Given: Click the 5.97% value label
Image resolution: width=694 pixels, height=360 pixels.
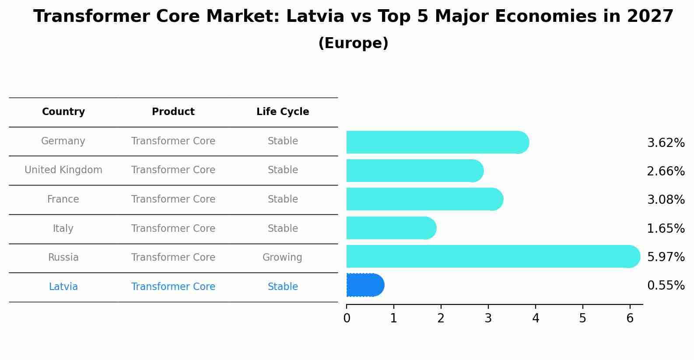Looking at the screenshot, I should (x=666, y=257).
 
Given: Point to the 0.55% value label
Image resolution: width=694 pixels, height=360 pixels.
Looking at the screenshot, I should (x=666, y=286).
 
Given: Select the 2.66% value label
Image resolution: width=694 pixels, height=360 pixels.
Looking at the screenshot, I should (x=666, y=171).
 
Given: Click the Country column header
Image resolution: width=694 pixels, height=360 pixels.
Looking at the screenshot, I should (x=63, y=112).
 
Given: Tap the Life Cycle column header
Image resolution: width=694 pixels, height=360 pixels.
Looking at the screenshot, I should (x=283, y=112).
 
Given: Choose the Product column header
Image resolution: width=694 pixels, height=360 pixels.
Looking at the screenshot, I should (x=173, y=112).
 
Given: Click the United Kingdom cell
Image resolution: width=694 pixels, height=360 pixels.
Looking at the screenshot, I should (x=63, y=170).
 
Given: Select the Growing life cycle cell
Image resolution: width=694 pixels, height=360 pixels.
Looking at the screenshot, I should (x=282, y=258).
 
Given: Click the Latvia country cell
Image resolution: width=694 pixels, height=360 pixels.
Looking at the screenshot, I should (x=63, y=287).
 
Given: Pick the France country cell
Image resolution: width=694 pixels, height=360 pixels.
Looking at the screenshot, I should (x=63, y=199).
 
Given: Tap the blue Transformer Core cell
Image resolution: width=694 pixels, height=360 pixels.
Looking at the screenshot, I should (x=173, y=287).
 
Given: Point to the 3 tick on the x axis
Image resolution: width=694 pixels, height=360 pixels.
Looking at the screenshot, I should (x=488, y=318).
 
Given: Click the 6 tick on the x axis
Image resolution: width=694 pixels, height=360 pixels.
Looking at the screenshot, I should (x=630, y=318).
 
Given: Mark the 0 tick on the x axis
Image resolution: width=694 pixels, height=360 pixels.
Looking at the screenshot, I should (x=347, y=318).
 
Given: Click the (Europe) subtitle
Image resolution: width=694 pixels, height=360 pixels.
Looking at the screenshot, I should (x=353, y=43).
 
